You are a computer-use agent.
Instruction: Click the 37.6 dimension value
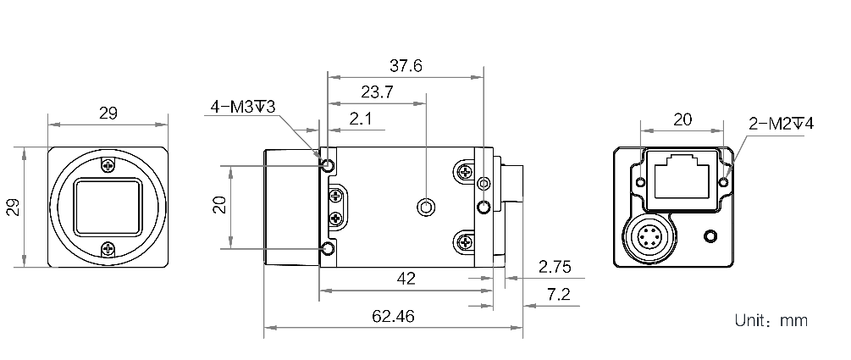pyautogui.click(x=405, y=66)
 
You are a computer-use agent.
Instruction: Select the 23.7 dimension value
pyautogui.click(x=376, y=92)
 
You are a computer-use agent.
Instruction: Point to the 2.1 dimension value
pyautogui.click(x=361, y=119)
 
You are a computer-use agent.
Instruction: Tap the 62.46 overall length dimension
pyautogui.click(x=393, y=316)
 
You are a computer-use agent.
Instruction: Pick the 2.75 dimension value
pyautogui.click(x=555, y=267)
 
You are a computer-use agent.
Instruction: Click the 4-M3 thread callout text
pyautogui.click(x=244, y=107)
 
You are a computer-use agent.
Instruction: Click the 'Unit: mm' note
pyautogui.click(x=771, y=321)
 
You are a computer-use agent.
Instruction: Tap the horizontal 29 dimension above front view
pyautogui.click(x=108, y=113)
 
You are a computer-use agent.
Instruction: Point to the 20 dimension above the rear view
pyautogui.click(x=682, y=119)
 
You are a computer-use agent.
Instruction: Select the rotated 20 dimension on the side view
pyautogui.click(x=218, y=206)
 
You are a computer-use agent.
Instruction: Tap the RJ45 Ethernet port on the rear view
pyautogui.click(x=682, y=174)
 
